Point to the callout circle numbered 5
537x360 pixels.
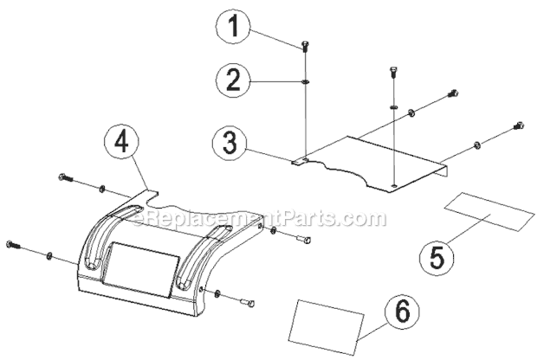coord(438,257)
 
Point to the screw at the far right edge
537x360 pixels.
coord(519,125)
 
